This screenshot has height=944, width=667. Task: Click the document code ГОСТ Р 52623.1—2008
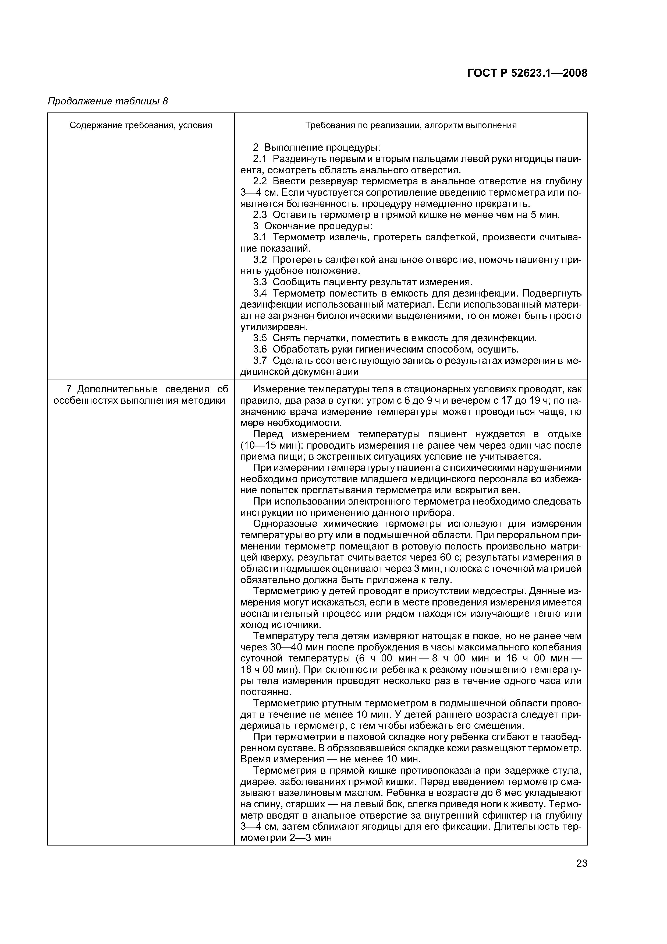point(527,73)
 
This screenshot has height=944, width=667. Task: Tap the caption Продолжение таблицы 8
point(108,101)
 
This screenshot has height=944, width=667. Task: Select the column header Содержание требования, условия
point(141,125)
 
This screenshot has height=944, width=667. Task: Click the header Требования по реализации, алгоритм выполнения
point(411,125)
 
